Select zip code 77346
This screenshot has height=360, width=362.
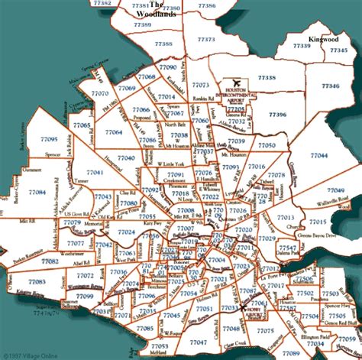(330, 87)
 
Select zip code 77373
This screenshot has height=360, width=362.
(205, 39)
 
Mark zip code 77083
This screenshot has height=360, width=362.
(36, 281)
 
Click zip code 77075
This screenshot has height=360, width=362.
(264, 330)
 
